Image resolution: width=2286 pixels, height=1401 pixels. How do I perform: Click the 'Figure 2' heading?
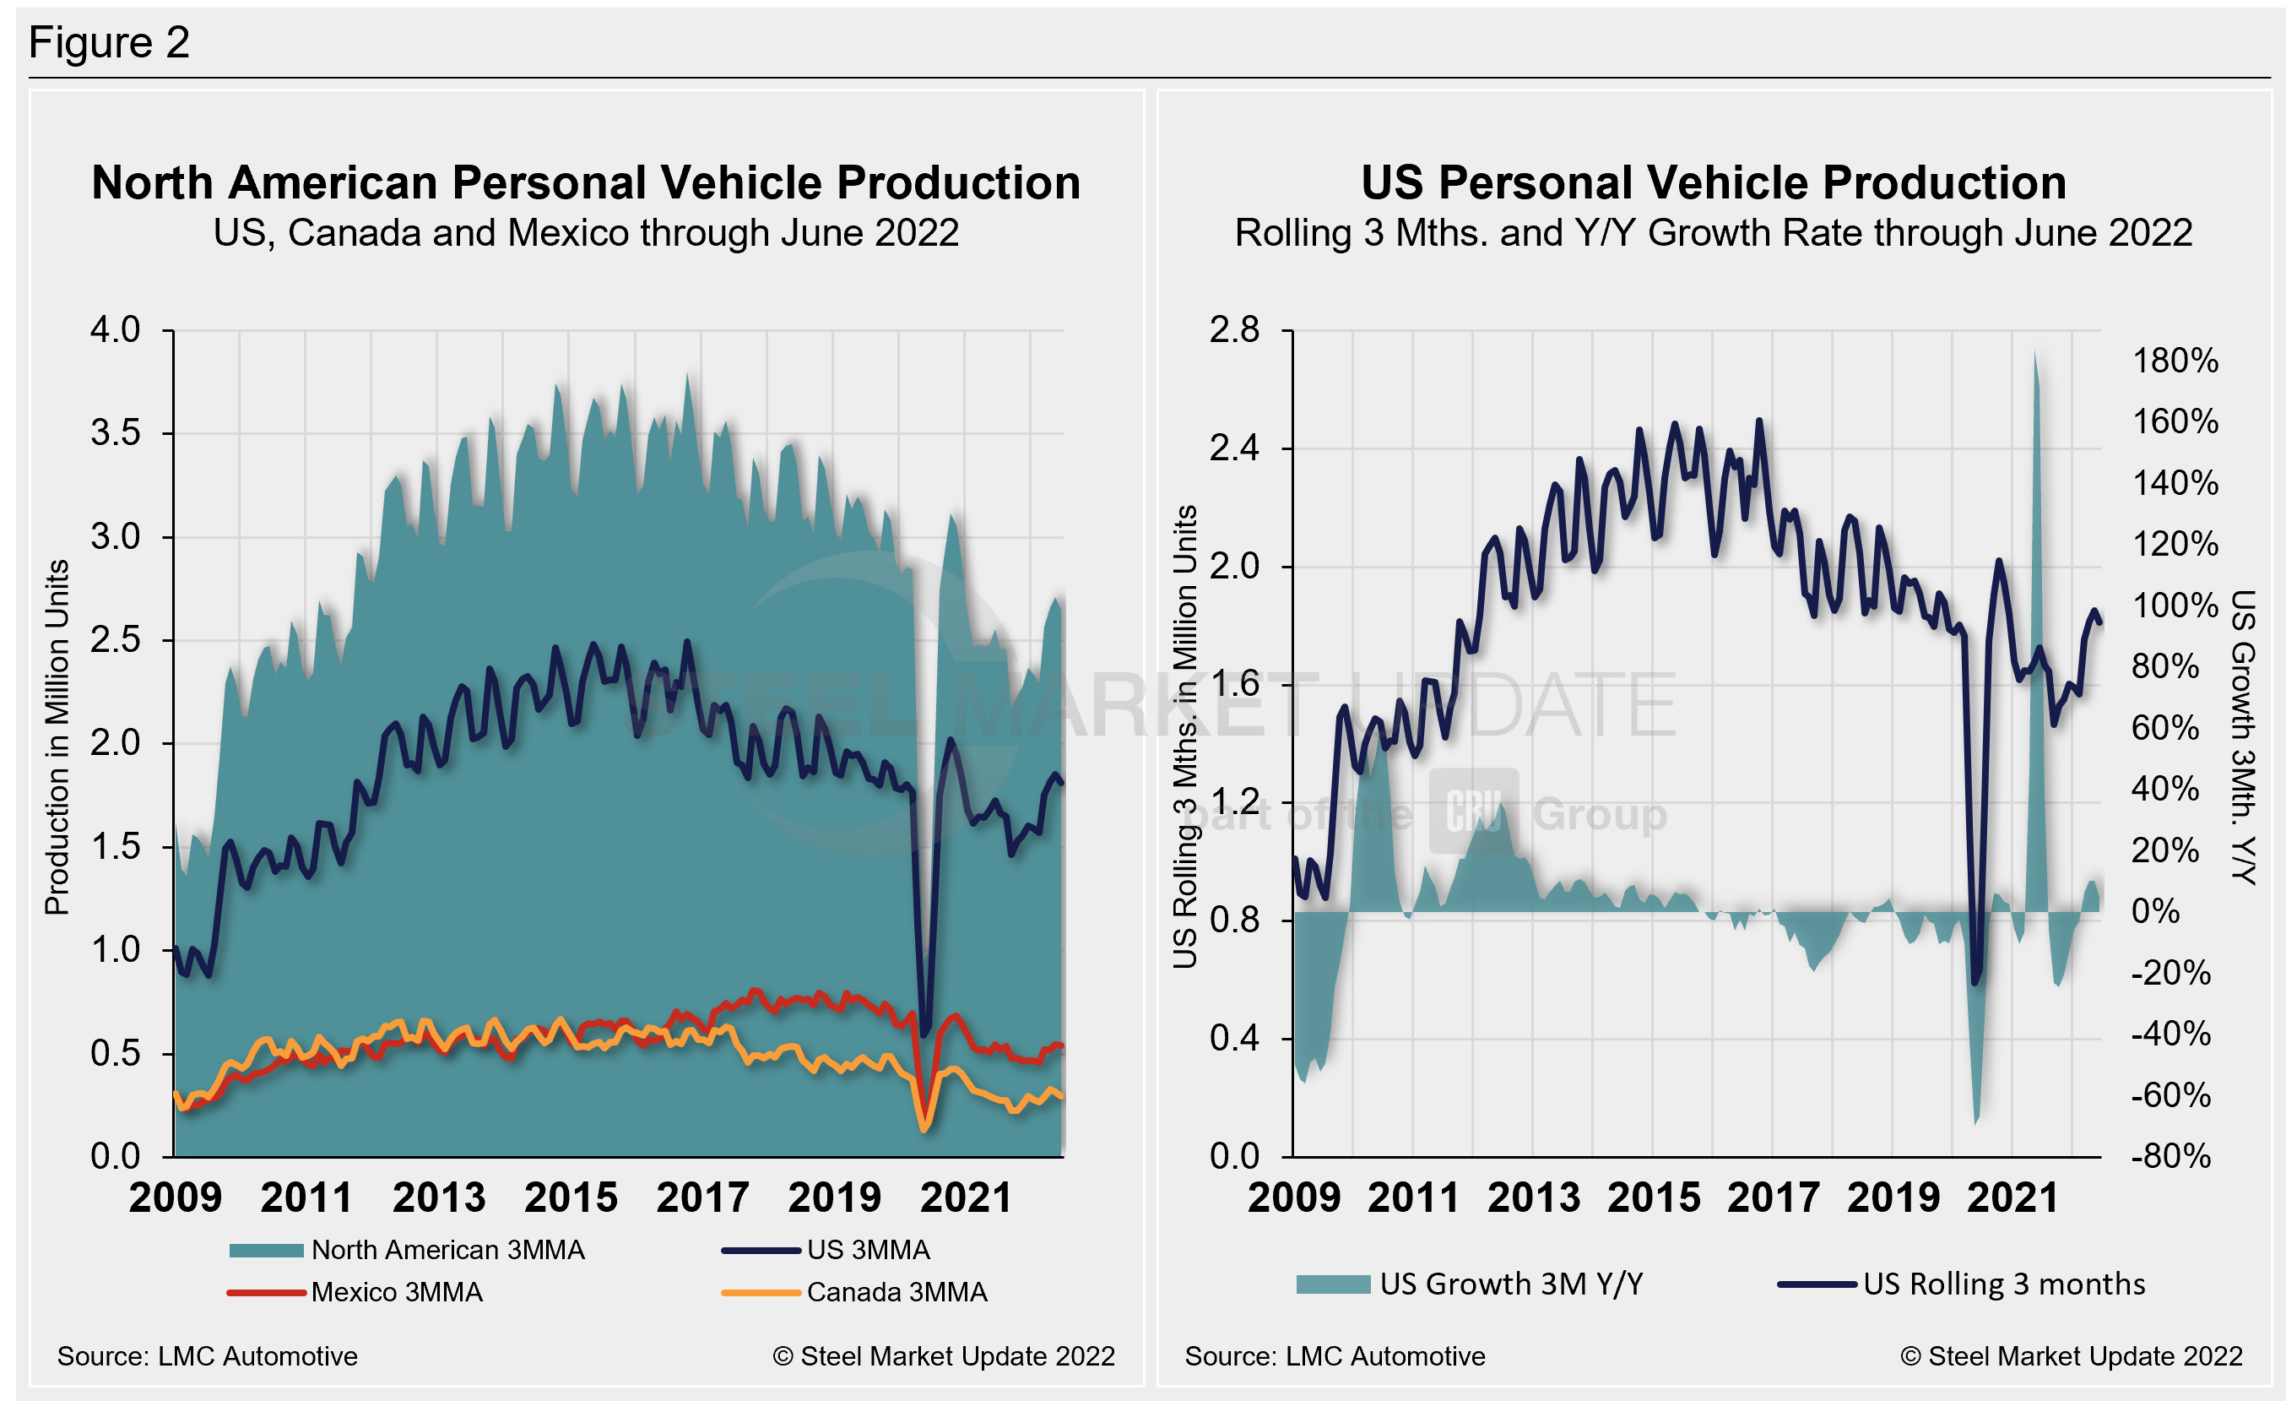click(109, 43)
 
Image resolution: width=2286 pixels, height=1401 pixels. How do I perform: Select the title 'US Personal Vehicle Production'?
click(1713, 182)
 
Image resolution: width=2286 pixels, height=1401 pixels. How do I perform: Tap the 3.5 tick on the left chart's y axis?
click(115, 433)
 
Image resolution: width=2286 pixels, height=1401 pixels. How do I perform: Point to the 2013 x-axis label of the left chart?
click(439, 1197)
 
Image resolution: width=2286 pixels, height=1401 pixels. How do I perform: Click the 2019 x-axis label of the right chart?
click(1893, 1197)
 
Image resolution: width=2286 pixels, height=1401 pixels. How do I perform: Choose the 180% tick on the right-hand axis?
click(2174, 361)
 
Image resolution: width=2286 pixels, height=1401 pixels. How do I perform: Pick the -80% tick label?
click(2170, 1157)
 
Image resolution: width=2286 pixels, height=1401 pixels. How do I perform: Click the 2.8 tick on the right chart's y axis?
click(1234, 330)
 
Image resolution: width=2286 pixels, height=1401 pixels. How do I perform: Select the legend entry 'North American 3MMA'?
click(447, 1250)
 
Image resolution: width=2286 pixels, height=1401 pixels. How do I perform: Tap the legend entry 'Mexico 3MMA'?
click(396, 1292)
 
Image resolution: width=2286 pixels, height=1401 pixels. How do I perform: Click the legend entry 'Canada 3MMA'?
click(897, 1292)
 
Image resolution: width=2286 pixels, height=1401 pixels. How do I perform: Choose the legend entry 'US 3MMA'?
click(868, 1250)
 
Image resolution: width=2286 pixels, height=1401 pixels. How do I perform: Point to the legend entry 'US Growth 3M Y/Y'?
click(1510, 1284)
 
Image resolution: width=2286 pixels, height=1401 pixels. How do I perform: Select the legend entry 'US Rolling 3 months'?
click(2004, 1284)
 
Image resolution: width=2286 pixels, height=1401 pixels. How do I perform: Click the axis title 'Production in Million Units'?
click(57, 737)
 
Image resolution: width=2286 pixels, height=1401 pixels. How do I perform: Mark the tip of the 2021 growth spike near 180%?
click(2035, 352)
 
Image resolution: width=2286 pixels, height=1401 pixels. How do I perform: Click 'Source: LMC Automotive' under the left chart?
click(208, 1356)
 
